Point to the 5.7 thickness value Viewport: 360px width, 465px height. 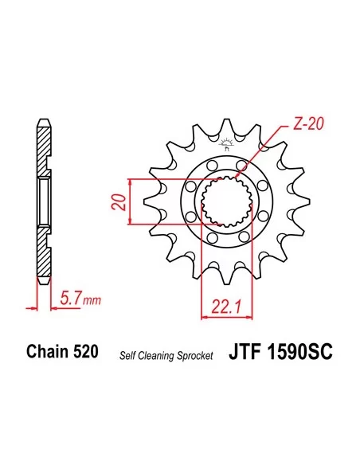tap(70, 299)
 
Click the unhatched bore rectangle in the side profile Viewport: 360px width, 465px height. tap(45, 203)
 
